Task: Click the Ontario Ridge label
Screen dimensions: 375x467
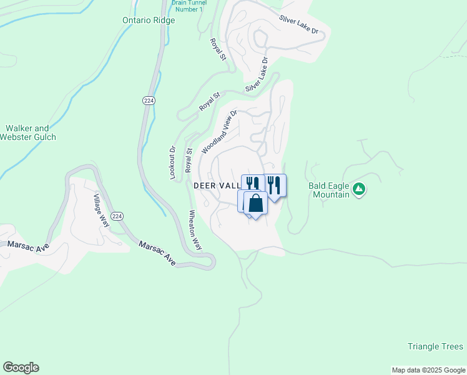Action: tap(149, 20)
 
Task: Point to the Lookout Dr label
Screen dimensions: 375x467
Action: tap(173, 163)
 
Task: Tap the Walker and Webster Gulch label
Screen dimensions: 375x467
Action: tap(31, 132)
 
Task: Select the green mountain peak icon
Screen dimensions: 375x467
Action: tap(359, 189)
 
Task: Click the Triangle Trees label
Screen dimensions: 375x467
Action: tap(435, 346)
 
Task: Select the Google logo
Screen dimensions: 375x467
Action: tap(21, 367)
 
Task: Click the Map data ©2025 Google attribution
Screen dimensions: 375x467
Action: tap(428, 370)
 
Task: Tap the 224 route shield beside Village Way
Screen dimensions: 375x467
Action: tap(117, 216)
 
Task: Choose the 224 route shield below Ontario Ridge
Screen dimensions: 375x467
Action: tap(148, 100)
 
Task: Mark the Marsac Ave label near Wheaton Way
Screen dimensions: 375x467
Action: tap(157, 251)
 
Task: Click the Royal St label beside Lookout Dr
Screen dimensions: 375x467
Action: tap(188, 161)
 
